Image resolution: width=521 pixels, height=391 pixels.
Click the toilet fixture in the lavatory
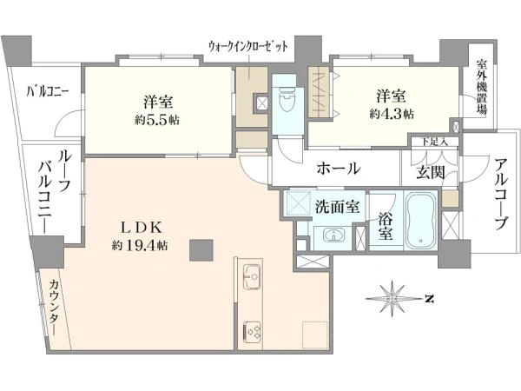(287, 99)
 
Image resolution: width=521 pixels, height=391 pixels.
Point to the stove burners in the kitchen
(253, 332)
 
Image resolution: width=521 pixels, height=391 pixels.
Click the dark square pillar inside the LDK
(201, 250)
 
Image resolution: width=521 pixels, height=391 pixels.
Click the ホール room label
(339, 169)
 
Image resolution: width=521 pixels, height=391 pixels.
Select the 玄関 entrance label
(431, 172)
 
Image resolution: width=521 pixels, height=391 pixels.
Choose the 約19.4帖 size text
(140, 246)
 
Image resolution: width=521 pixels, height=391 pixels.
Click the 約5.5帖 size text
(157, 120)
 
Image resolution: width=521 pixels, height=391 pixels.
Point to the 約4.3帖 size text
(392, 114)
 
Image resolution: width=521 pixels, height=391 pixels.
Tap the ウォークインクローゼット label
(247, 46)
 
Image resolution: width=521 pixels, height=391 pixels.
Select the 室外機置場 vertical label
(481, 87)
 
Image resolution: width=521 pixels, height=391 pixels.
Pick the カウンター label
(56, 308)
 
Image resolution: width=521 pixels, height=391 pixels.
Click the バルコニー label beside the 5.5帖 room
(48, 90)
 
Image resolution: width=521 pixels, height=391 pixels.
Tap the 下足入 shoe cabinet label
(435, 142)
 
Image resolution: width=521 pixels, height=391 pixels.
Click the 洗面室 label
(337, 207)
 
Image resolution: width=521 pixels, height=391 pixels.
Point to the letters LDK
(141, 228)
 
